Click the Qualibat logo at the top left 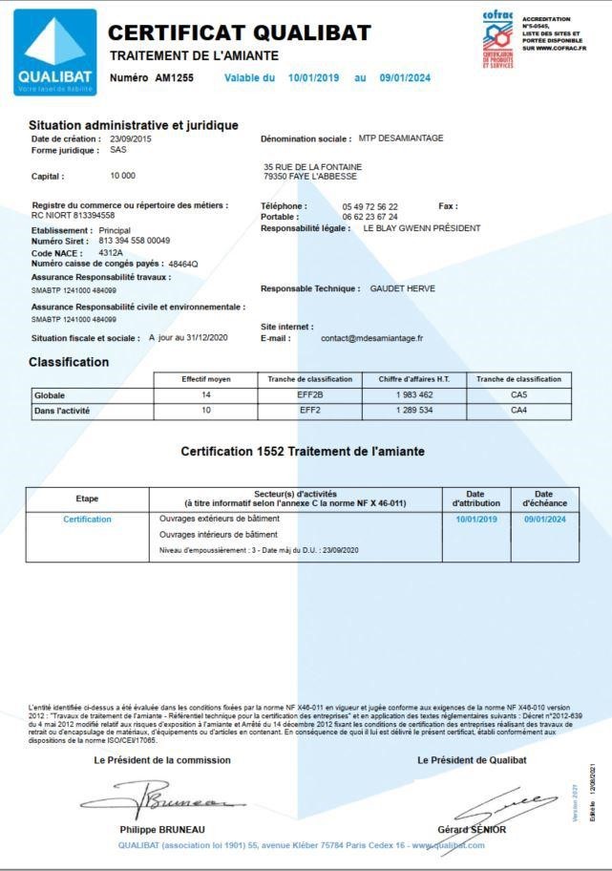56,52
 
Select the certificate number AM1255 175,77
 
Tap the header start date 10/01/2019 313,77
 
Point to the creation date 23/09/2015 131,138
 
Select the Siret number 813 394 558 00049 134,241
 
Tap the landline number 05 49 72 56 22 369,206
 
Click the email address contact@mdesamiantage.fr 371,338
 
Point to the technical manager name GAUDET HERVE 402,288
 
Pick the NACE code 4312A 111,252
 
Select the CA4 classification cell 518,411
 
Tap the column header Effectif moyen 205,379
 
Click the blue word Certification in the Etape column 87,519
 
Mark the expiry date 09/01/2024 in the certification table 544,519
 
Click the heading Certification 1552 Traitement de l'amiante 303,451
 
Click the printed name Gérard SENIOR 472,829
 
